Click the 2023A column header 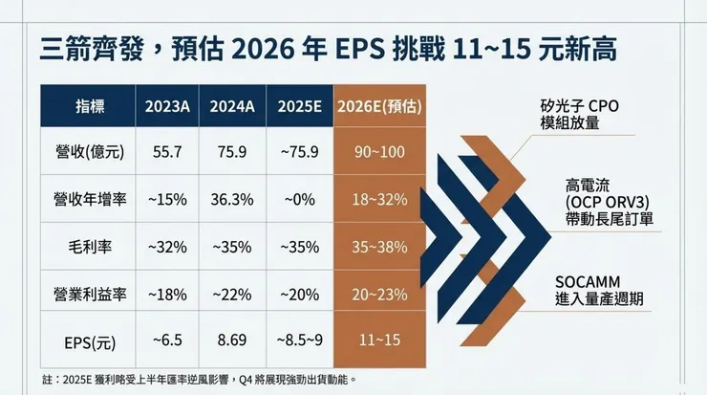167,105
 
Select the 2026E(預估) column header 380,105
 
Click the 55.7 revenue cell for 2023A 167,151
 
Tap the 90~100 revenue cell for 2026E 380,151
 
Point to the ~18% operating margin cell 167,292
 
